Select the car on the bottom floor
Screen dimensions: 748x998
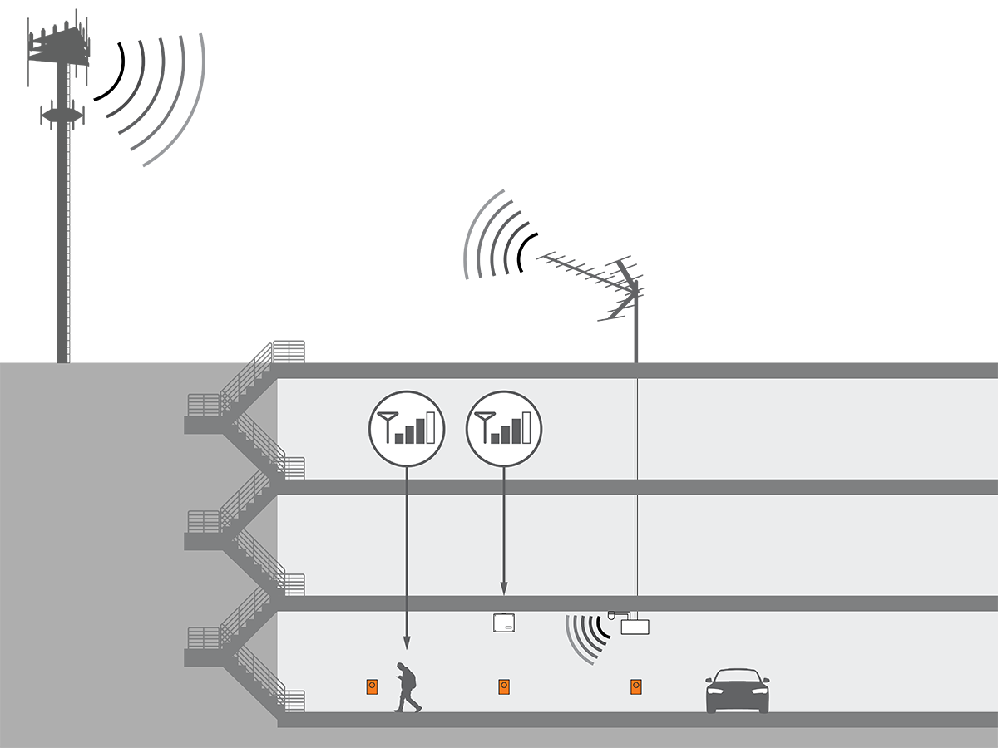pyautogui.click(x=738, y=691)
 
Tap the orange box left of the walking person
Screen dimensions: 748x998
pyautogui.click(x=372, y=686)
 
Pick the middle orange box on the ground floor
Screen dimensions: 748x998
pyautogui.click(x=504, y=686)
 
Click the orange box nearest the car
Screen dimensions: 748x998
pyautogui.click(x=635, y=686)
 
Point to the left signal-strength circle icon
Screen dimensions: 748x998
pyautogui.click(x=407, y=429)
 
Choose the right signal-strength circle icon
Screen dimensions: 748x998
pyautogui.click(x=504, y=429)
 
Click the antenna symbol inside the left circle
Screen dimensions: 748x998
pyautogui.click(x=387, y=424)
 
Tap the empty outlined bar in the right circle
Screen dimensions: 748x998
pyautogui.click(x=526, y=426)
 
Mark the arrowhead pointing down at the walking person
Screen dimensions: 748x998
pyautogui.click(x=407, y=642)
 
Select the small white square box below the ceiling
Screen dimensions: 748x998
pyautogui.click(x=504, y=623)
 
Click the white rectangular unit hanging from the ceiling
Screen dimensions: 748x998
pyautogui.click(x=636, y=626)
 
